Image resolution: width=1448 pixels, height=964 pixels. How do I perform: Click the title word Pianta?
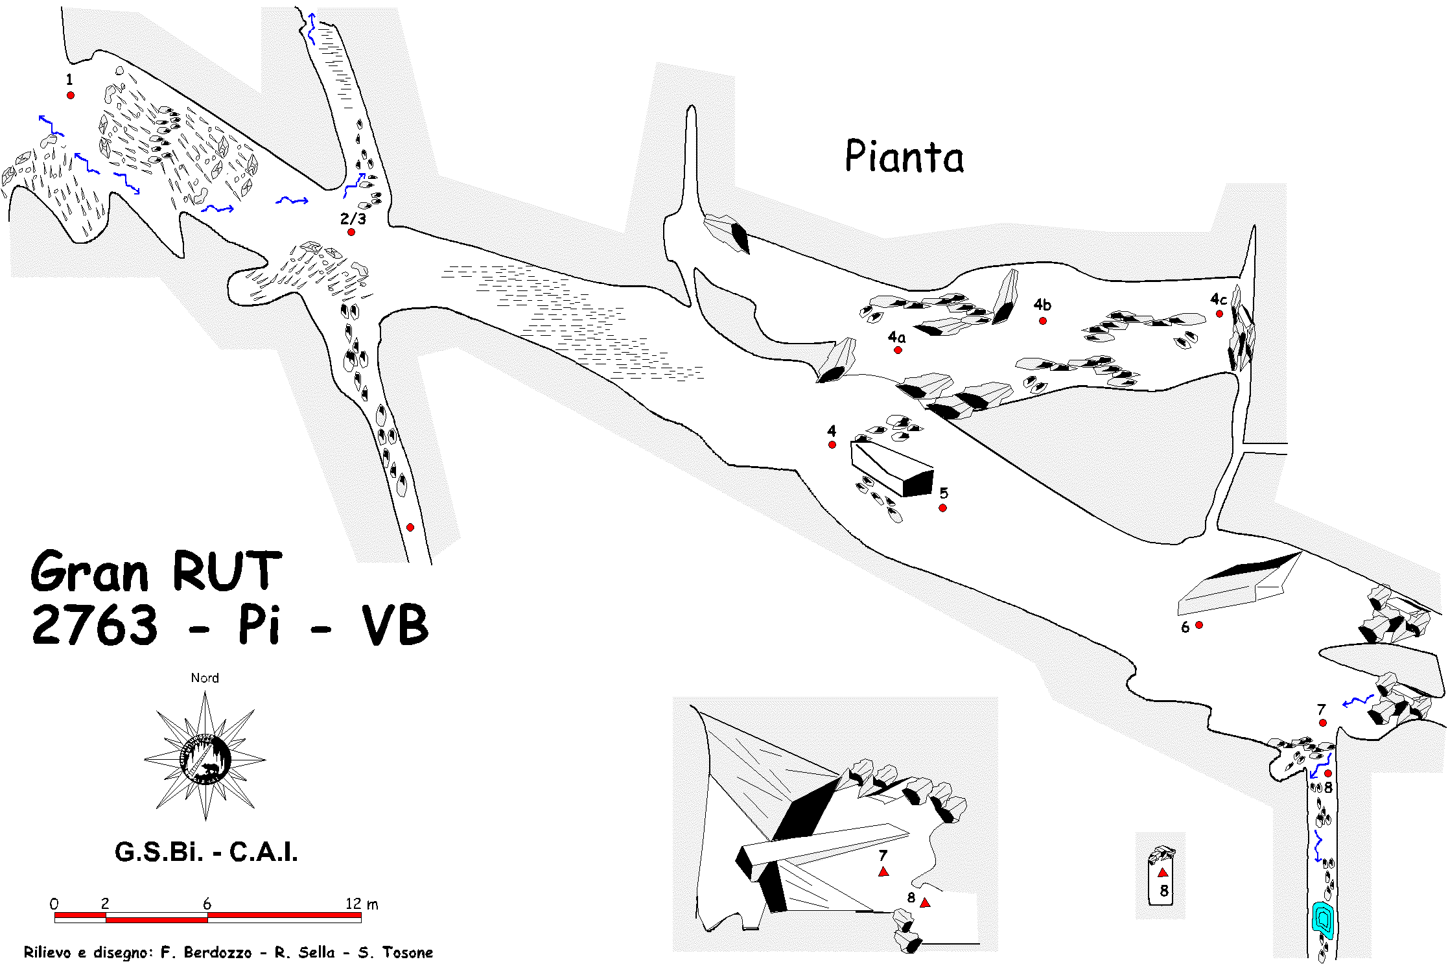point(904,157)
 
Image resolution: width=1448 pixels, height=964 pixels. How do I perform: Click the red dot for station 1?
point(71,95)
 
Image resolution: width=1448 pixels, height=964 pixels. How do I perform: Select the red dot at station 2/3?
point(351,232)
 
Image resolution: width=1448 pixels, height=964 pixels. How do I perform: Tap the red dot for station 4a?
point(898,350)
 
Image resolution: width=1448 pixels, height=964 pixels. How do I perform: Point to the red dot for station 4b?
point(1042,321)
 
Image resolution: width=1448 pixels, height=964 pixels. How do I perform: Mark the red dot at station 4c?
point(1219,314)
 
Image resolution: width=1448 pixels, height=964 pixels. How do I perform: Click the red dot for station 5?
point(942,508)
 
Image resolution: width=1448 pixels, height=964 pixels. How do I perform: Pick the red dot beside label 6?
point(1199,625)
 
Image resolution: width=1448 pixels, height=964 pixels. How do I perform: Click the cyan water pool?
point(1322,919)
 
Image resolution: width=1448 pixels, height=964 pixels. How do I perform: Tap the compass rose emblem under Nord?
point(205,757)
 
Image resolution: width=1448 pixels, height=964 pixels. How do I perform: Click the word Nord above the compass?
point(205,678)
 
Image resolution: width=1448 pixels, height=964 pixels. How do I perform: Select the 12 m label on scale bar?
point(361,904)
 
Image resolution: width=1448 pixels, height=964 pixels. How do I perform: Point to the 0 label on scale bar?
point(54,904)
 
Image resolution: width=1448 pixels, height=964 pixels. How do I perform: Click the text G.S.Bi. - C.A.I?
point(206,852)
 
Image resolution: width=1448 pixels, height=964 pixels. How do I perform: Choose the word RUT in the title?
point(227,572)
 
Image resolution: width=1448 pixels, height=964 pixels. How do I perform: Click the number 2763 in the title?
point(95,625)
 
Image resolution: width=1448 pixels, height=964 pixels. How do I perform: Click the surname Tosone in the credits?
point(407,952)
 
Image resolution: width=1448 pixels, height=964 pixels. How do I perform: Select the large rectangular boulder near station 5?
point(891,468)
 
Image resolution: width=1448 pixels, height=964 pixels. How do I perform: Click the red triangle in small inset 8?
point(1163,873)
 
